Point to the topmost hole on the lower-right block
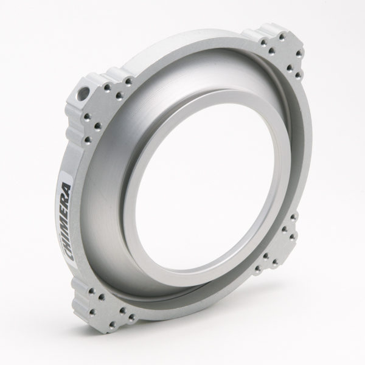pyautogui.click(x=294, y=216)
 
